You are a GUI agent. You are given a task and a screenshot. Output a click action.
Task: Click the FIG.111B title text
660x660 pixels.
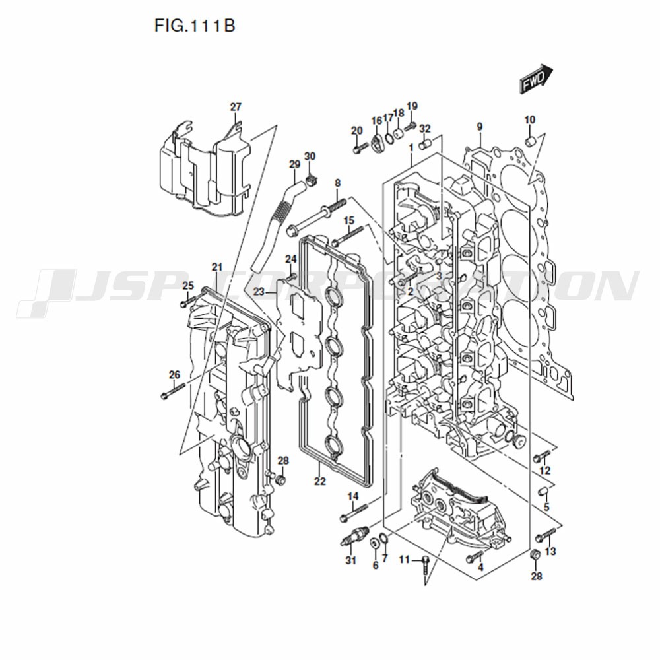point(195,26)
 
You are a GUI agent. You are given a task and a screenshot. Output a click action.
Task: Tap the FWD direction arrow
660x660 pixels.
point(536,79)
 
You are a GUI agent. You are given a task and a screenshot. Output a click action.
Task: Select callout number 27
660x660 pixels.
point(236,107)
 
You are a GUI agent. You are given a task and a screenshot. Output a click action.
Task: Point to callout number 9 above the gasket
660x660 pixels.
point(479,126)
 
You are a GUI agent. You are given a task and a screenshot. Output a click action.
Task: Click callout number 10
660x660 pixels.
point(529,120)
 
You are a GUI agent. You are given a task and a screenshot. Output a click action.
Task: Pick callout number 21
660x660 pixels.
point(216,267)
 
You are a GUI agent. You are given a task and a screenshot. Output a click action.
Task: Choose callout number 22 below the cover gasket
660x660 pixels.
point(320,481)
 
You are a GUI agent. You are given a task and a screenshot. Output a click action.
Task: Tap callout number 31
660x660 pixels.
point(350,560)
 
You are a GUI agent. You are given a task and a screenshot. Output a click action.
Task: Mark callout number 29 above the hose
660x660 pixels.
point(294,164)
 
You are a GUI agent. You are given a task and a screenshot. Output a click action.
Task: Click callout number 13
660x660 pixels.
point(550,551)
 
